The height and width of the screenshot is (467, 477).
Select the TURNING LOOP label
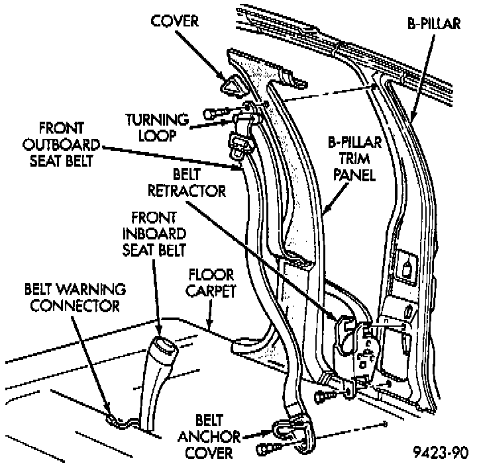(158, 127)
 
